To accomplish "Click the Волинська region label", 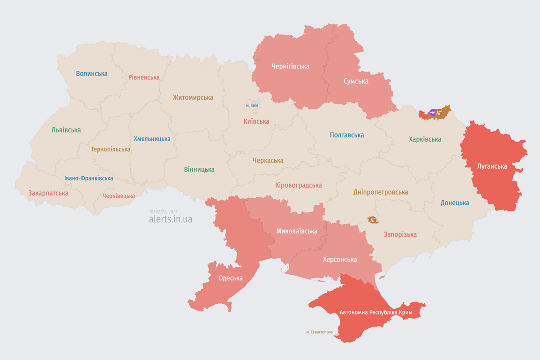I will (91, 74).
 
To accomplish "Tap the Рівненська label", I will (144, 77).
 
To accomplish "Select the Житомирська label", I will (193, 97).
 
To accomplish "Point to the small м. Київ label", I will (252, 105).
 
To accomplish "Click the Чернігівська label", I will (290, 66).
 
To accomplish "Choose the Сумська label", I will (356, 81).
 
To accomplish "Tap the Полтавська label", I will (346, 135).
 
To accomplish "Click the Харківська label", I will (425, 139).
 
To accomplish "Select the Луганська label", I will (492, 166).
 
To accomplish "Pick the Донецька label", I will (455, 203).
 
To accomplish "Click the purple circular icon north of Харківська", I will (433, 112).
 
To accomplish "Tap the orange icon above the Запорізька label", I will (372, 220).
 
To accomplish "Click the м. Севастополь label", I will (319, 332).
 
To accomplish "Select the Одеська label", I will (231, 278).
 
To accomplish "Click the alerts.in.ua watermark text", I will (170, 219).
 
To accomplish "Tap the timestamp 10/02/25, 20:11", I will (163, 211).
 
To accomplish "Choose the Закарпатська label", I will (48, 193).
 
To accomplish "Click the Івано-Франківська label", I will (89, 178).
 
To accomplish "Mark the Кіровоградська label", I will (298, 185).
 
